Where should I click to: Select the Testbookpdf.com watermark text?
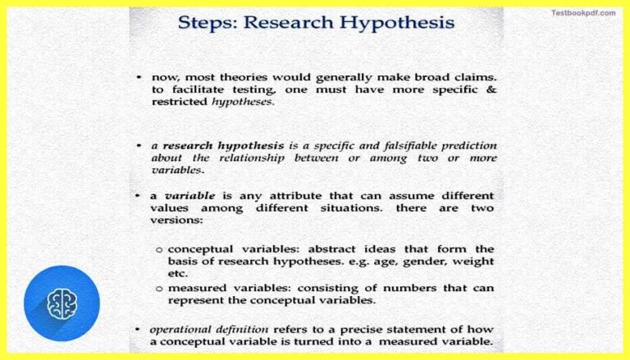click(583, 13)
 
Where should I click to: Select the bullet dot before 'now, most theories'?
click(139, 76)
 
